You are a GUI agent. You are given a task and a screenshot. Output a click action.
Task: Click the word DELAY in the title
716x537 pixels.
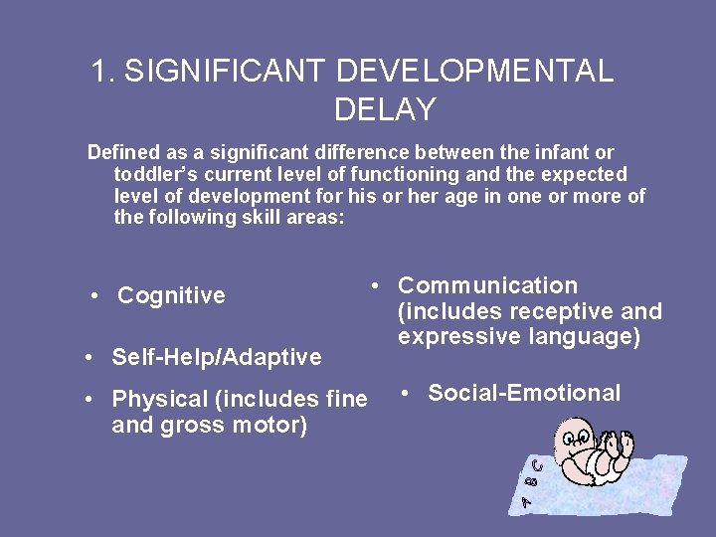[x=385, y=109]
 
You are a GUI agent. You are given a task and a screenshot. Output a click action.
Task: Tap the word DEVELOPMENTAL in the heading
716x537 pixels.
[x=474, y=71]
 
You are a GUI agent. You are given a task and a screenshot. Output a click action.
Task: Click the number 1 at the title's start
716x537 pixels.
[x=98, y=71]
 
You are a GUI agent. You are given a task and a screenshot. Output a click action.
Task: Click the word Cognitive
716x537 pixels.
[x=171, y=295]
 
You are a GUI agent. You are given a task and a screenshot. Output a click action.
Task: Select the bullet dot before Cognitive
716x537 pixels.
[x=93, y=295]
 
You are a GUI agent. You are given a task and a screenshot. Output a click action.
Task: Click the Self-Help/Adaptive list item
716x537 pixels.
[x=217, y=356]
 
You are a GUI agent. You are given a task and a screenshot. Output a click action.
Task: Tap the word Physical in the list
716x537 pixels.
[x=159, y=399]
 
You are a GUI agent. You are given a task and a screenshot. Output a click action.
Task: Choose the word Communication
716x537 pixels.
[x=487, y=285]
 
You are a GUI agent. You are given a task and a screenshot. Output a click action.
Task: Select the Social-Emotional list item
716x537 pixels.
[x=524, y=393]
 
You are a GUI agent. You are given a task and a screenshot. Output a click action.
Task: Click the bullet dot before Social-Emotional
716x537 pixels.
[x=406, y=393]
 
